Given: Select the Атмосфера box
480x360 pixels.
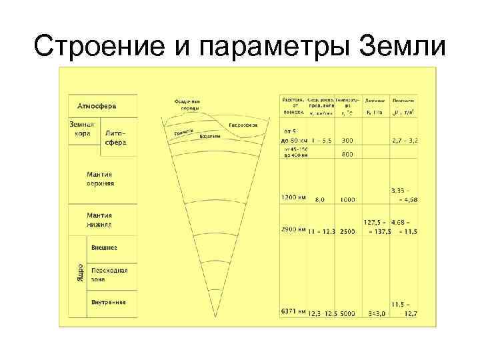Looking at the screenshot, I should pos(97,106).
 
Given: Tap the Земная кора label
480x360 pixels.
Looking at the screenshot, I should pos(82,129).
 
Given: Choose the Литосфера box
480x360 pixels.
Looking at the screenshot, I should pos(115,138).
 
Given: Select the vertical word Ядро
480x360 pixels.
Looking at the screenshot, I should pos(79,273).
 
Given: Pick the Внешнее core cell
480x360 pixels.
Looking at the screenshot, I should pos(104,247).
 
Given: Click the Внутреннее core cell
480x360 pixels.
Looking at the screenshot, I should pos(108,302).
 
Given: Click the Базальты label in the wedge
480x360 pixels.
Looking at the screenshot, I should pos(210,136).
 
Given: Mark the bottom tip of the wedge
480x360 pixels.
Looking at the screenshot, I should pos(213,316).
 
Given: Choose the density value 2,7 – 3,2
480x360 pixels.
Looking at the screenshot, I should pos(405,141).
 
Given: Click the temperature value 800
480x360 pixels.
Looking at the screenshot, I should pos(347,155).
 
